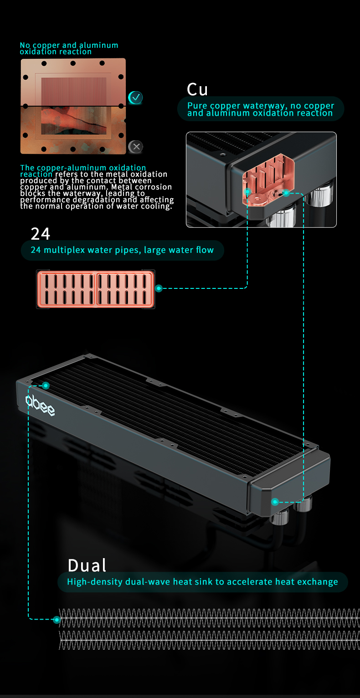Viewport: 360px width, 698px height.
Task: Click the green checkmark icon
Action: (x=136, y=98)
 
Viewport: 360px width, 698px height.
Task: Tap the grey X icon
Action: (x=136, y=147)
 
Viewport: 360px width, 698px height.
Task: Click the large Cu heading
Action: (x=197, y=90)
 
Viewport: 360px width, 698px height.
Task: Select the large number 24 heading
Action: (x=41, y=234)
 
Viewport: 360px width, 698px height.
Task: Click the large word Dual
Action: (x=87, y=565)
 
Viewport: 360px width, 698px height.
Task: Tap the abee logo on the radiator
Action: (x=40, y=405)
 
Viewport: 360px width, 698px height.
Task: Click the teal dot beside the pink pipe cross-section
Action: (x=159, y=288)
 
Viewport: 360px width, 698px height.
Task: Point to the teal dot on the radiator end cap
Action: (x=275, y=502)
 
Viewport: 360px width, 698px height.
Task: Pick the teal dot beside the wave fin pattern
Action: (x=57, y=620)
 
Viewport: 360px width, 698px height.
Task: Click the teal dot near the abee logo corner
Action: (x=46, y=386)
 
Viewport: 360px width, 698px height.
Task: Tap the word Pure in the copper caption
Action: (x=197, y=106)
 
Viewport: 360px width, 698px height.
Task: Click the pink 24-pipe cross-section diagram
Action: (x=96, y=289)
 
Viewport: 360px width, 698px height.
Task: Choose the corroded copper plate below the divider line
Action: (x=73, y=130)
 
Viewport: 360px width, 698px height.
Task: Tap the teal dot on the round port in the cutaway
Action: (x=286, y=193)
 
